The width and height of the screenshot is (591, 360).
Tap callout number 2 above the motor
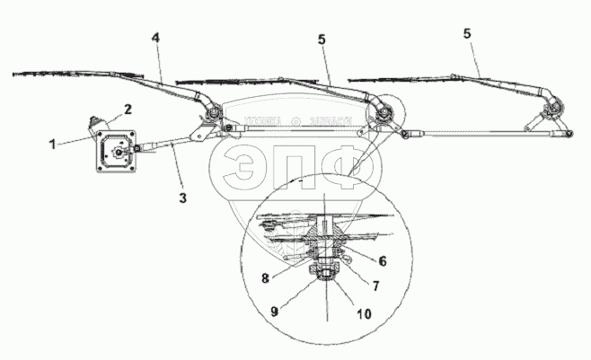[128, 109]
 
